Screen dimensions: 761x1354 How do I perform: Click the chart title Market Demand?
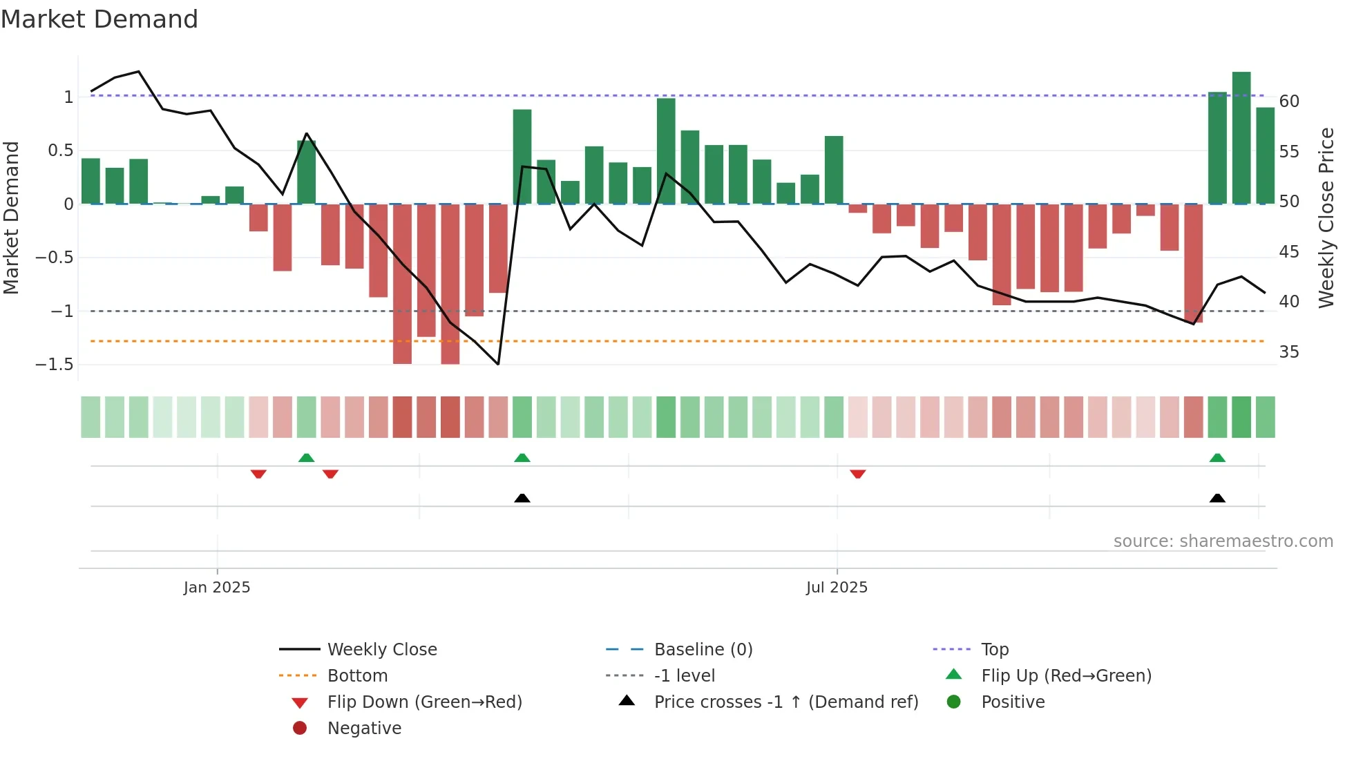click(99, 19)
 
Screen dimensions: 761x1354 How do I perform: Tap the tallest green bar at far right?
click(1241, 138)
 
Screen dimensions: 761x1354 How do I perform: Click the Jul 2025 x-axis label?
click(836, 588)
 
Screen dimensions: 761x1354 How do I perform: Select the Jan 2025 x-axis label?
click(217, 588)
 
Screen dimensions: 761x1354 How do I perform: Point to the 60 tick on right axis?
click(1288, 102)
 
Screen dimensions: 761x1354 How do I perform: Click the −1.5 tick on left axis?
click(55, 365)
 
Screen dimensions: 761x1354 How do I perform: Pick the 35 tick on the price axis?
click(1288, 352)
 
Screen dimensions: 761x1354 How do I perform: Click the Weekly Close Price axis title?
click(1326, 218)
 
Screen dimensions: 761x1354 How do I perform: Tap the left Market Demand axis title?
click(12, 218)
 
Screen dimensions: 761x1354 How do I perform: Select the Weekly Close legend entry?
click(381, 650)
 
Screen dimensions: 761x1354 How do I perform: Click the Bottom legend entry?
click(357, 676)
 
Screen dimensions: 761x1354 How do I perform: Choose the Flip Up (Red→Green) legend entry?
click(1066, 676)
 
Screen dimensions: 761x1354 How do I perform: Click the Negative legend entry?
click(364, 729)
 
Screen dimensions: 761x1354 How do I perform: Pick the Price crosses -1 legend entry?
click(785, 702)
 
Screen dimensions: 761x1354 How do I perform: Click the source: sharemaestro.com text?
click(1223, 541)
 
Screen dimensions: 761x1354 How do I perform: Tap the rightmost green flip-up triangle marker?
click(1217, 458)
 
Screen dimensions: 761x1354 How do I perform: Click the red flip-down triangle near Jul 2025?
click(857, 474)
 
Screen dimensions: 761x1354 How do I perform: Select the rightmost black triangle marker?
click(1217, 498)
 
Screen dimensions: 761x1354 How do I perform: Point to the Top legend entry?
click(995, 650)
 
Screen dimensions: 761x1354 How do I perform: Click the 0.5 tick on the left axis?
click(60, 151)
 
